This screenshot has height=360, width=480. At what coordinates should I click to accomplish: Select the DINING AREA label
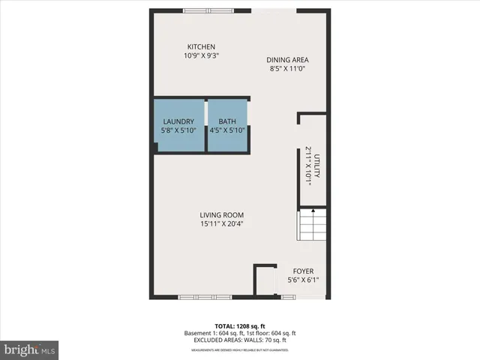[x=288, y=60]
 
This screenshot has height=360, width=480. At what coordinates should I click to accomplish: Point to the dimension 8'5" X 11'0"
[x=288, y=69]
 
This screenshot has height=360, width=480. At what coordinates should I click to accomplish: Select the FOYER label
[x=303, y=271]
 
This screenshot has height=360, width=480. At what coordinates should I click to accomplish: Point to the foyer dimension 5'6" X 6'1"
[x=303, y=280]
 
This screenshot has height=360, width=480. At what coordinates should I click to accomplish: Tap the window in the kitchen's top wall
[x=208, y=10]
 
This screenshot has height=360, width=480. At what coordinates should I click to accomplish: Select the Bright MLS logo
[x=29, y=349]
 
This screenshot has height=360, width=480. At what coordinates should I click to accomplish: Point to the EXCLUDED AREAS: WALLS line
[x=240, y=340]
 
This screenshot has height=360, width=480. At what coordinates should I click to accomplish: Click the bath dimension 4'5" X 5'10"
[x=227, y=130]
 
